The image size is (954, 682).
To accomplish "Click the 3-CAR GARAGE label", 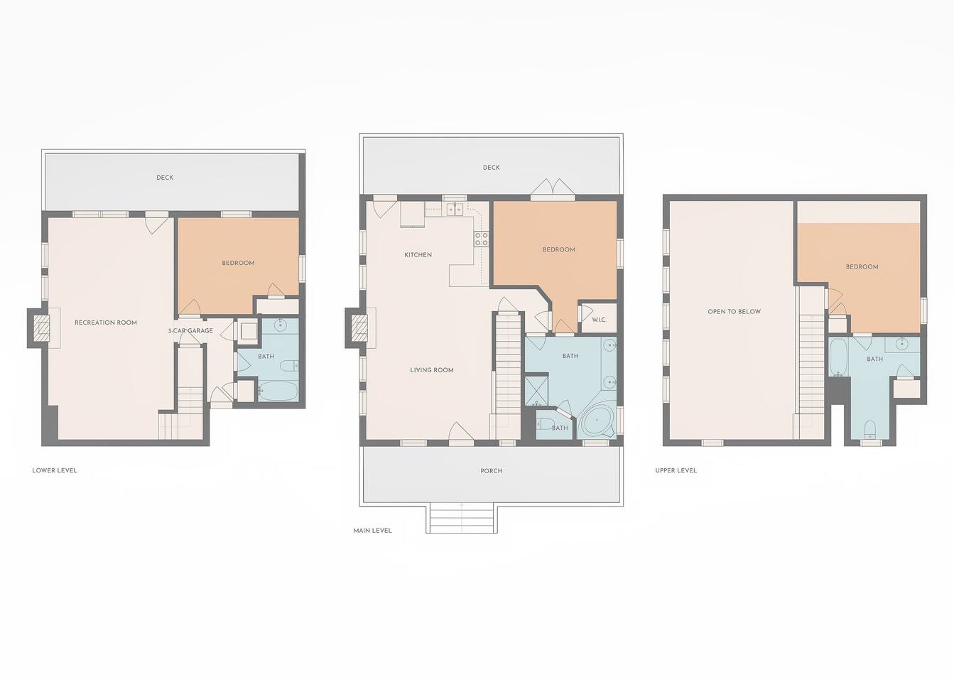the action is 190,330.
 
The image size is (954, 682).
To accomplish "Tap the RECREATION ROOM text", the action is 106,323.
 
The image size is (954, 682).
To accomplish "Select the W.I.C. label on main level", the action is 599,320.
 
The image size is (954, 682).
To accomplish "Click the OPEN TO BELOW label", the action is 734,311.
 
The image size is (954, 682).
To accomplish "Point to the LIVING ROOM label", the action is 431,369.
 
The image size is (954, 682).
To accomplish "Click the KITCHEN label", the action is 418,255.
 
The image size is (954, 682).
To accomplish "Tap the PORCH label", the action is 491,471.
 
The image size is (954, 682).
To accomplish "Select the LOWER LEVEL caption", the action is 55,470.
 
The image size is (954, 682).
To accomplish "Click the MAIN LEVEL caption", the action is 372,531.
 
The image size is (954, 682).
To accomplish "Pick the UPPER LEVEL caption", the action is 676,470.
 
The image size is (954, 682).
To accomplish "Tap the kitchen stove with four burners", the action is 481,239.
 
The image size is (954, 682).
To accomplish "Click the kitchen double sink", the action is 455,209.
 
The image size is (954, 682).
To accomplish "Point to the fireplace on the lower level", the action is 42,328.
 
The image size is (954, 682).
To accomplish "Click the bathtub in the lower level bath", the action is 277,391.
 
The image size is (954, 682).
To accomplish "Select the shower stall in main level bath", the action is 536,390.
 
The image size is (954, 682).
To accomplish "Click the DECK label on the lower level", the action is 165,177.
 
